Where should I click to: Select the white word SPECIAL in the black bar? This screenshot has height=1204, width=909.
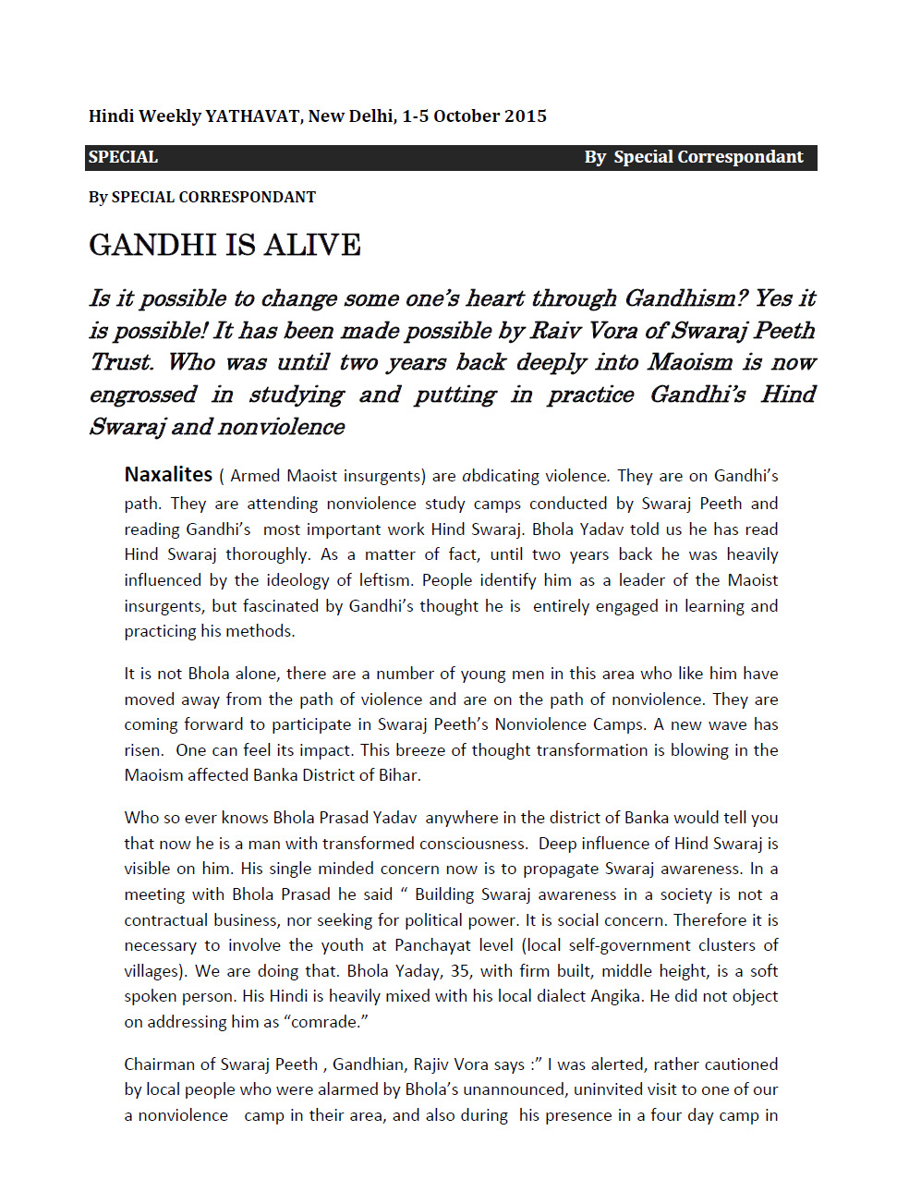[123, 157]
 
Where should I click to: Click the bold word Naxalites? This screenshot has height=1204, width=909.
[168, 475]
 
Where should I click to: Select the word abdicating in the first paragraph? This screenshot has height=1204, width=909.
[501, 476]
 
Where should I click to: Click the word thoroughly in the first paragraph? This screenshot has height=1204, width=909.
[267, 554]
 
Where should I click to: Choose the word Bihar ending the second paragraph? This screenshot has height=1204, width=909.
[399, 775]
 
